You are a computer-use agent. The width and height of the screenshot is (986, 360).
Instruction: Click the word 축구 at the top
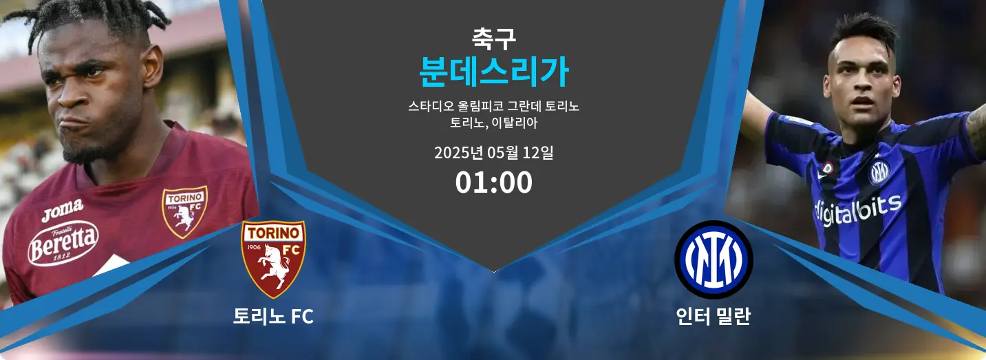tap(493, 39)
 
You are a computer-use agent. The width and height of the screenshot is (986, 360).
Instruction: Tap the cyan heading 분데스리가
tap(493, 72)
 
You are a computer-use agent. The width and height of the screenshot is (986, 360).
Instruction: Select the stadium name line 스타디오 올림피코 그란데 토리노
tap(493, 106)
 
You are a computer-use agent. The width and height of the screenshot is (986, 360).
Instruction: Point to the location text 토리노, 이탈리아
tap(493, 123)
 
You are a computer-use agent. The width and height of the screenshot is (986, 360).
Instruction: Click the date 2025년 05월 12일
tap(493, 153)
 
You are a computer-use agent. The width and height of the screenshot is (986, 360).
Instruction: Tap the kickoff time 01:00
tap(493, 182)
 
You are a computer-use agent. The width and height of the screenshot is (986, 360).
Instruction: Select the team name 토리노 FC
tap(273, 316)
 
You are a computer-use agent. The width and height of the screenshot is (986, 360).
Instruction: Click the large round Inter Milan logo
tap(714, 260)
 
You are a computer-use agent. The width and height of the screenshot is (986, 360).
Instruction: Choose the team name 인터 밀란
tap(713, 316)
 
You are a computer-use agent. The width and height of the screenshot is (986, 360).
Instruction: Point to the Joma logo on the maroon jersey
tap(63, 210)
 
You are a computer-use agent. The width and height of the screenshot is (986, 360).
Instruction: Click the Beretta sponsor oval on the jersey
tap(63, 243)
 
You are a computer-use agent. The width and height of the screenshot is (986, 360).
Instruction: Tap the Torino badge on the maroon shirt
tap(184, 212)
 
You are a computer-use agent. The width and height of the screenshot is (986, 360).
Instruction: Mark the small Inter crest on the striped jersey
tap(879, 172)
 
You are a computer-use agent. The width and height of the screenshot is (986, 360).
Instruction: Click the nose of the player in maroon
tap(73, 94)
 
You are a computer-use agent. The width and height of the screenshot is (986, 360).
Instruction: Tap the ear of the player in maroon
tap(152, 66)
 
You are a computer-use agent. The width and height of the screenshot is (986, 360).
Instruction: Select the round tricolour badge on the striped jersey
tap(828, 168)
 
